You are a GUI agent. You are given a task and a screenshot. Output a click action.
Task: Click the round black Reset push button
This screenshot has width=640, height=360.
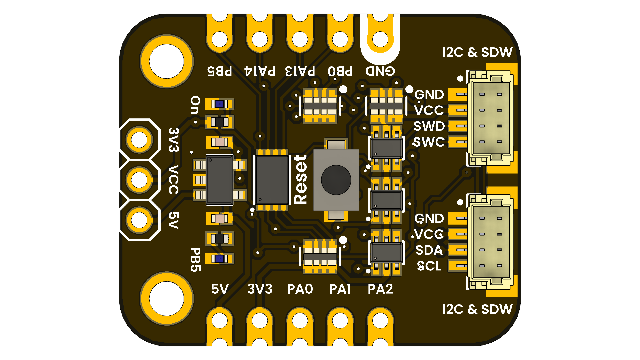(x=336, y=180)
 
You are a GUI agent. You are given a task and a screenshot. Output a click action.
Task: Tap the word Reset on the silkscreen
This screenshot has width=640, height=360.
(x=300, y=180)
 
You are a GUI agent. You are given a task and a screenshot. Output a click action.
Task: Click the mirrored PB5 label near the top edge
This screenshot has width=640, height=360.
(x=219, y=71)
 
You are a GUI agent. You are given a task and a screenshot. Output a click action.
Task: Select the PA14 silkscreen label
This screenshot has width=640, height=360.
(x=260, y=71)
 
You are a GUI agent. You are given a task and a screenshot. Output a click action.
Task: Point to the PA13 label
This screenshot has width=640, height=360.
(x=300, y=71)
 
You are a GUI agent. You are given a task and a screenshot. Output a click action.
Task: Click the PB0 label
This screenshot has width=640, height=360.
(x=340, y=71)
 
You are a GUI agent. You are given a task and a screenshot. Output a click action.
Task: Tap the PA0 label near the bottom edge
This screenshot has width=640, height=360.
(x=300, y=289)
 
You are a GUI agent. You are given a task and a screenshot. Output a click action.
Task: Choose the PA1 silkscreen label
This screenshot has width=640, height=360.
(x=340, y=289)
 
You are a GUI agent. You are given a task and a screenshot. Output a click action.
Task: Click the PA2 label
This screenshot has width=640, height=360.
(x=380, y=289)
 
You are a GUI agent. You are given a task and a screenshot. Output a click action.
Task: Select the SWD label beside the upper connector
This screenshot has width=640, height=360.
(x=429, y=126)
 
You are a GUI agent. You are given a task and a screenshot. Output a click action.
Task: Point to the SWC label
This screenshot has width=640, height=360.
(x=429, y=142)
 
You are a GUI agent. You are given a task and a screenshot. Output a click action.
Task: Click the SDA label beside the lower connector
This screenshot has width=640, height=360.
(x=429, y=250)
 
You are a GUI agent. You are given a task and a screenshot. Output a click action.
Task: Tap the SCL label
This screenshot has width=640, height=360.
(x=429, y=266)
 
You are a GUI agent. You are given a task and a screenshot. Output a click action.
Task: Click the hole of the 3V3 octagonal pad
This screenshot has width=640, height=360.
(x=139, y=140)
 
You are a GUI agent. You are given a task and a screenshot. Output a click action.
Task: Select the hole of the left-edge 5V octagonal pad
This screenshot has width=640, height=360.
(x=139, y=220)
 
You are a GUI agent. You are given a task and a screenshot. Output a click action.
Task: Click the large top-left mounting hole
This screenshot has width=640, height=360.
(x=167, y=62)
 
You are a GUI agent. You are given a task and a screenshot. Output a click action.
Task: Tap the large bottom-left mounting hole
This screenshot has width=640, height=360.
(x=167, y=298)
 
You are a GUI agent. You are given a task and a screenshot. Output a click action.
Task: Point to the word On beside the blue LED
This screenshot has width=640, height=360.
(x=195, y=105)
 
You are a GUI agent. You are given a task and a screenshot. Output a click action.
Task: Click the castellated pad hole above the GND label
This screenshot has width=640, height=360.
(x=380, y=39)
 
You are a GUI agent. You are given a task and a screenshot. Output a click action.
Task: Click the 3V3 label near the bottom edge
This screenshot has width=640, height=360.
(x=260, y=289)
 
